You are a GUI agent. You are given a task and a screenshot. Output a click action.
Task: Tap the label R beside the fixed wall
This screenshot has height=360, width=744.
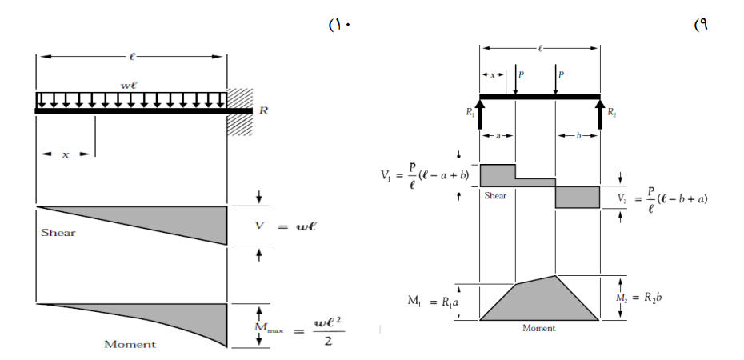[264, 111]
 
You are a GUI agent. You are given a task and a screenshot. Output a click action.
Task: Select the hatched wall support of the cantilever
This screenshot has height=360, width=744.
[240, 112]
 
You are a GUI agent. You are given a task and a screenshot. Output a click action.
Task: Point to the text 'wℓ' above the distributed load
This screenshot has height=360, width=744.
[129, 86]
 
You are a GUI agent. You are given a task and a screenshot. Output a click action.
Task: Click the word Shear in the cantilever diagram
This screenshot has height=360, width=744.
[58, 233]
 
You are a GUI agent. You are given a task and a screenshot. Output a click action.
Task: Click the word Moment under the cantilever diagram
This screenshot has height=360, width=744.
[130, 344]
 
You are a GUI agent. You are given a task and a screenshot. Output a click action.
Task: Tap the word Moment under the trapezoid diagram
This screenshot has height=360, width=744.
[538, 328]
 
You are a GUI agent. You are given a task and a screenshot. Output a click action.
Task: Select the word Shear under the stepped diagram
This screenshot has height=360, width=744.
[495, 195]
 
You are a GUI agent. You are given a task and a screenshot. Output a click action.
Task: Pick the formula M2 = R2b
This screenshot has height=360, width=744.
[639, 298]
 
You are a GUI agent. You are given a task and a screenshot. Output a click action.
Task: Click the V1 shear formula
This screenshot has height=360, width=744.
[425, 176]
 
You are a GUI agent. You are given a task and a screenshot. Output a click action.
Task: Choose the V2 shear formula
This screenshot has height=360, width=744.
[662, 199]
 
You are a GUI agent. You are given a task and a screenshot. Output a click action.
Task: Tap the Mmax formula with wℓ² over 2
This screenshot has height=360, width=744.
[299, 331]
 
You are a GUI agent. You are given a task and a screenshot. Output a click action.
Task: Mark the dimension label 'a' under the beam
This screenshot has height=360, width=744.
[498, 136]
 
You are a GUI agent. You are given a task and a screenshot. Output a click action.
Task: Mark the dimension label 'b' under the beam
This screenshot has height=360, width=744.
[578, 136]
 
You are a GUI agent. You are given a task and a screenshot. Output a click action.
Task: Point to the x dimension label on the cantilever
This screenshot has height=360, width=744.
[66, 154]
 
